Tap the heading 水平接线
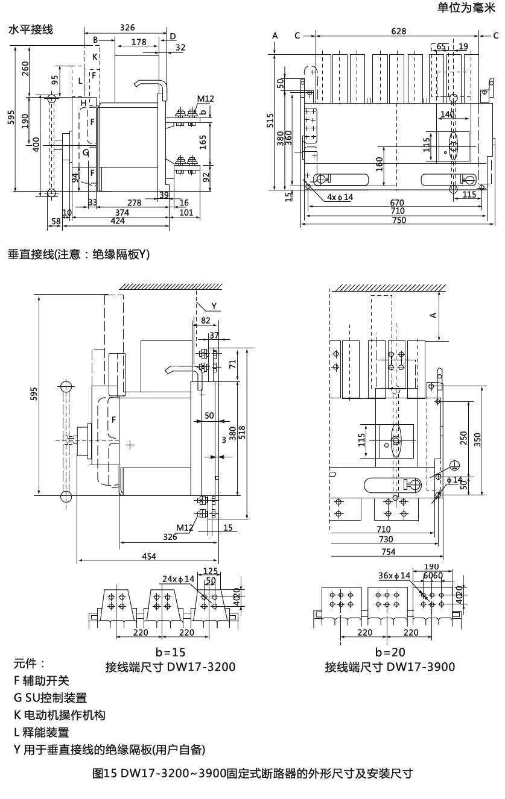pyautogui.click(x=31, y=30)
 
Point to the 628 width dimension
pyautogui.click(x=398, y=31)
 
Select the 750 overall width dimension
pyautogui.click(x=398, y=220)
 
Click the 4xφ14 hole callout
pyautogui.click(x=340, y=197)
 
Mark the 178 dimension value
pyautogui.click(x=138, y=42)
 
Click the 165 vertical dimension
pyautogui.click(x=203, y=142)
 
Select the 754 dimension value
pyautogui.click(x=388, y=551)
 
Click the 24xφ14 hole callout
pyautogui.click(x=178, y=579)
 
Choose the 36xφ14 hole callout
pyautogui.click(x=394, y=575)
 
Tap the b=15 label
pyautogui.click(x=170, y=652)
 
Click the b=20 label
pyautogui.click(x=390, y=652)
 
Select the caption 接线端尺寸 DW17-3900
pyautogui.click(x=390, y=667)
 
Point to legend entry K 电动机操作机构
pyautogui.click(x=60, y=715)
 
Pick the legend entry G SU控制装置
pyautogui.click(x=51, y=698)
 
